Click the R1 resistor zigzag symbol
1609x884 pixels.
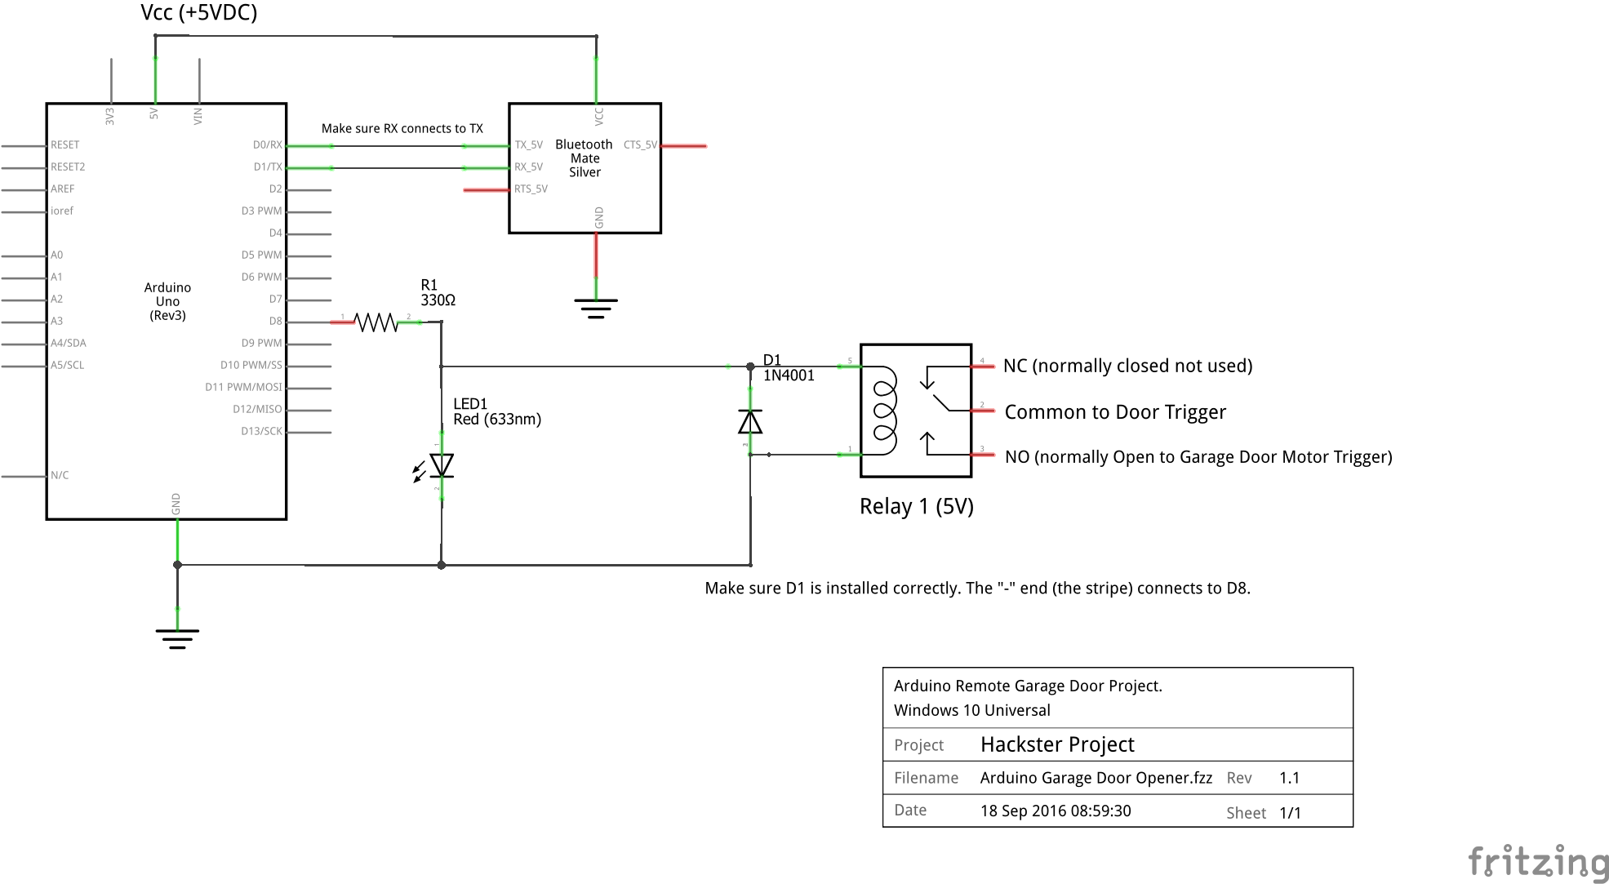pos(376,322)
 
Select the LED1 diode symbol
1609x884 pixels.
pos(442,465)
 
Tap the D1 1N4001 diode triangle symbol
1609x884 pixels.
pos(750,422)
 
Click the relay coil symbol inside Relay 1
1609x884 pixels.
pos(885,410)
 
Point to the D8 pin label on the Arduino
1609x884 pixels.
pos(275,322)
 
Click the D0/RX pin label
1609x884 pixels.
pos(267,145)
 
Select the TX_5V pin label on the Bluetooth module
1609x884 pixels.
pos(529,145)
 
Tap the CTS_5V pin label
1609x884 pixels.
pos(640,145)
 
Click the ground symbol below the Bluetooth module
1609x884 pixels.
pos(596,309)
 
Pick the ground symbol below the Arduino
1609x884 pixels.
pos(177,638)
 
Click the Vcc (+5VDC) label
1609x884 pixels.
pos(198,13)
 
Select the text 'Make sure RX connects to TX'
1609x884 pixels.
pos(402,129)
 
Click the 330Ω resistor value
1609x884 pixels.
pos(438,300)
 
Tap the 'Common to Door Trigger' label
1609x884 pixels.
pos(1115,412)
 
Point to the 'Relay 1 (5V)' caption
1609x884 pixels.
pos(916,507)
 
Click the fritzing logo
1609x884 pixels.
pos(1538,863)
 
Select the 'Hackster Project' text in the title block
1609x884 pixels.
pos(1057,744)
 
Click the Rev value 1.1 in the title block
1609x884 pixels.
pos(1289,778)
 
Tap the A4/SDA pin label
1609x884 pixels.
pos(69,344)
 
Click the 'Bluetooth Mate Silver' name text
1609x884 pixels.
pos(584,158)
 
